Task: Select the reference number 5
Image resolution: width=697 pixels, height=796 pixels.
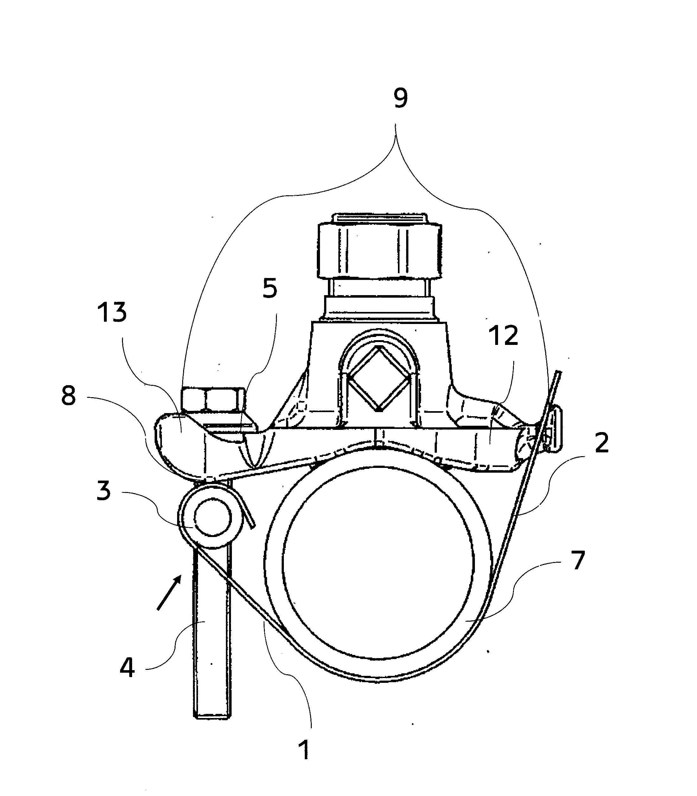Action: (270, 288)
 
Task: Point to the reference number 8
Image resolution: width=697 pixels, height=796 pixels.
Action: (68, 396)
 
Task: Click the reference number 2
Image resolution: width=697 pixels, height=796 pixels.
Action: (602, 443)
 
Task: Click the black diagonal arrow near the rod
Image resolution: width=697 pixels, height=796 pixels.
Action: (169, 592)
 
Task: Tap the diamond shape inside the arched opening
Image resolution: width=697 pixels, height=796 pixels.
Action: (379, 378)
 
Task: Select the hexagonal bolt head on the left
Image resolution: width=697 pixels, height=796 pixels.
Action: (213, 399)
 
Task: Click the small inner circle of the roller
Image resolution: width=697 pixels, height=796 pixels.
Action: (213, 517)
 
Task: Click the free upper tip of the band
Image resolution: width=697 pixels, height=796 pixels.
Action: (559, 372)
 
